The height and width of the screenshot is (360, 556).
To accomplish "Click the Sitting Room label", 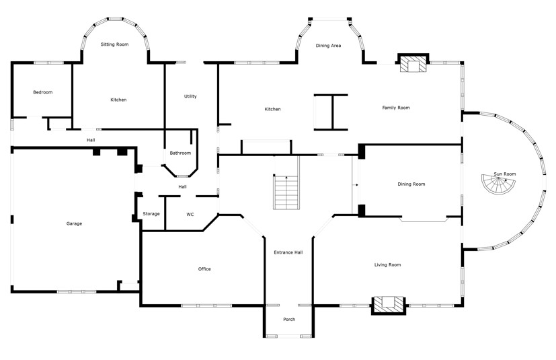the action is click(x=114, y=44).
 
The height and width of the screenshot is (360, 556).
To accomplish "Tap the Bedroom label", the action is click(x=43, y=92).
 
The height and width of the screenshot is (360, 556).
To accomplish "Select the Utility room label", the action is click(x=190, y=96).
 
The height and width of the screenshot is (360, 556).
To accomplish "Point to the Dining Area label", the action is click(x=328, y=46).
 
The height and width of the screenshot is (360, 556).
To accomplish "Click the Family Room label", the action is click(x=396, y=108).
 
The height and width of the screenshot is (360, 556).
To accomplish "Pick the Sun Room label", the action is click(x=505, y=174).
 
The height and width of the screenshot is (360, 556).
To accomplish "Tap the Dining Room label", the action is click(x=411, y=184).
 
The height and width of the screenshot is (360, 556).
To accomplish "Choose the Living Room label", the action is click(x=387, y=264).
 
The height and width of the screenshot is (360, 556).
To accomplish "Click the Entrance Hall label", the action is click(x=288, y=252).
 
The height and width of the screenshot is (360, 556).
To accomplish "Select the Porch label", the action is click(x=289, y=320).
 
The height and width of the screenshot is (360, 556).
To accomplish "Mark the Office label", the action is click(x=204, y=269).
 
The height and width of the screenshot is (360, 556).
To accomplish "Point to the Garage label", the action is click(x=74, y=223).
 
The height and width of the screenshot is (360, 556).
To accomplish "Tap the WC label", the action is click(x=190, y=215).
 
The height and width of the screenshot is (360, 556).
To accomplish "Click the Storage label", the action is click(x=151, y=214).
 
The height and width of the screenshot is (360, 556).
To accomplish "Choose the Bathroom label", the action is click(x=180, y=153).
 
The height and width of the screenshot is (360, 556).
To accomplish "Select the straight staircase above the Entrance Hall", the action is click(x=286, y=192).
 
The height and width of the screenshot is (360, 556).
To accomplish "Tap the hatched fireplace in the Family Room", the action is click(x=413, y=63).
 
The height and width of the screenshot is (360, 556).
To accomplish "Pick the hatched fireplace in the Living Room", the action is click(x=389, y=305).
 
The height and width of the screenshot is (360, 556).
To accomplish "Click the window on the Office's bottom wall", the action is click(x=206, y=305).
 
